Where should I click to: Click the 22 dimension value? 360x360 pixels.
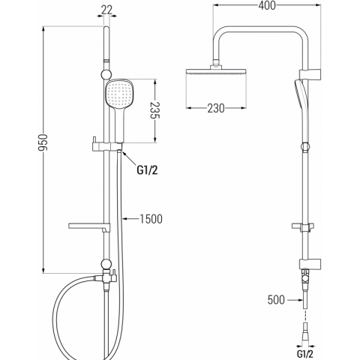[107, 10]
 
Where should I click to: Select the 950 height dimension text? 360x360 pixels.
[43, 142]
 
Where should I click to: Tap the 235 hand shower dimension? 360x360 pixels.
[155, 110]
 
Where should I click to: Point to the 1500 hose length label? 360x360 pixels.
[151, 219]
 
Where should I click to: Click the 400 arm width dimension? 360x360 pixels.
[267, 5]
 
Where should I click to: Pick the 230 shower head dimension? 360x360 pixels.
[216, 108]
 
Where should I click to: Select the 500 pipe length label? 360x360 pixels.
[276, 300]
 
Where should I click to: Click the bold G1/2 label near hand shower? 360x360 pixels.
[147, 170]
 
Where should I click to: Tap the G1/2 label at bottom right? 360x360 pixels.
[304, 354]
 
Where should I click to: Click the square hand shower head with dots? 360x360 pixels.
[120, 94]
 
